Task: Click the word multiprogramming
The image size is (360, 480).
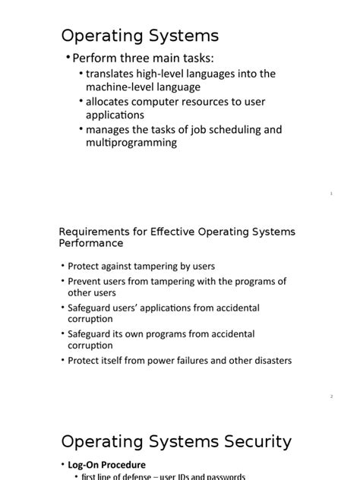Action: pyautogui.click(x=131, y=143)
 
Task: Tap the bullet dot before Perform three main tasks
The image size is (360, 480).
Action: pyautogui.click(x=67, y=58)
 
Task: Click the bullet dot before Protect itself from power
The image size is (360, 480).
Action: pyautogui.click(x=62, y=361)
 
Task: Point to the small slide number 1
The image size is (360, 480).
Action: pyautogui.click(x=332, y=194)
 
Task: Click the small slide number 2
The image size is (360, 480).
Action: pyautogui.click(x=332, y=396)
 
